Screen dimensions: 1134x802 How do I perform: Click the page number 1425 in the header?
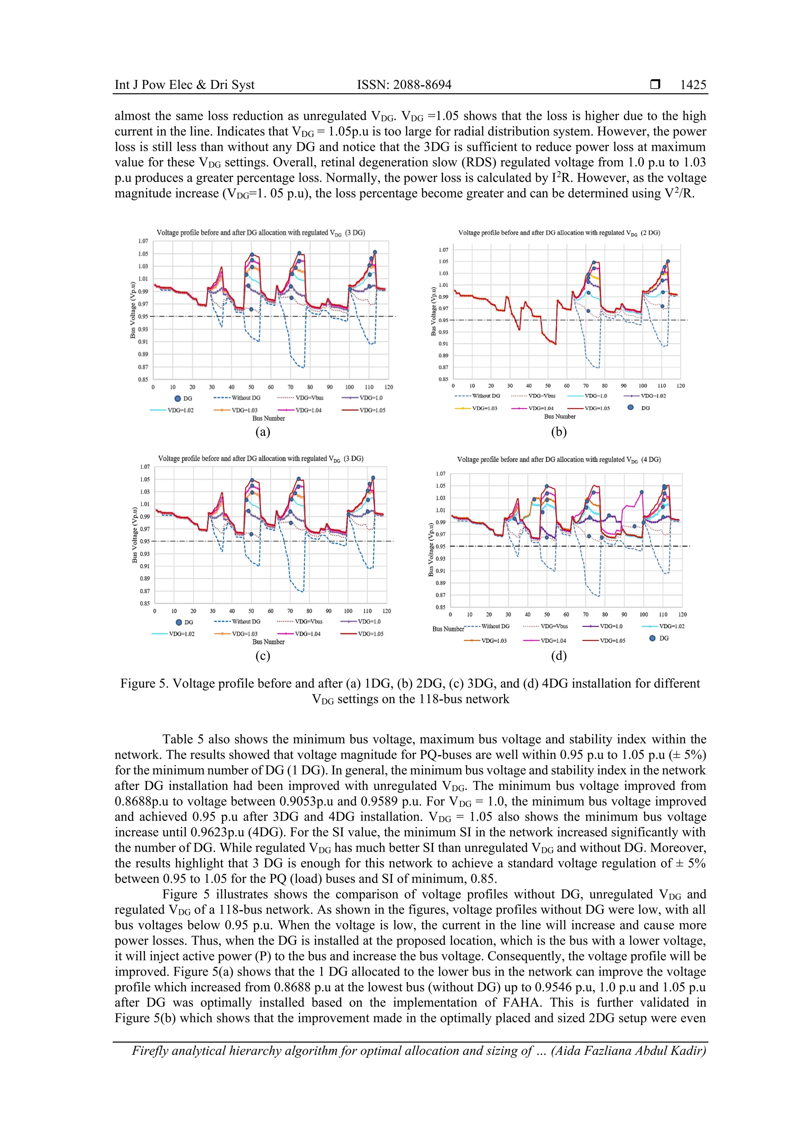pos(693,85)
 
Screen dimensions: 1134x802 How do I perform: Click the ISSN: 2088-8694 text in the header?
pos(404,85)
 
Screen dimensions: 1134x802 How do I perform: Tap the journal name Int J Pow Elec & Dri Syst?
pos(184,85)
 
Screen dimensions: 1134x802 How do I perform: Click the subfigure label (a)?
pos(262,432)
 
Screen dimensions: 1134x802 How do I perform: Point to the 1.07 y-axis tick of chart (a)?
pos(143,241)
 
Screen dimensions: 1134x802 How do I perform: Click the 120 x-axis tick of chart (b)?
pos(681,386)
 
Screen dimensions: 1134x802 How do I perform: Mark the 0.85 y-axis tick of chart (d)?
pos(440,607)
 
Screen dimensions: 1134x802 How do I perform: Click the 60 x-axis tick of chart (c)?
pos(270,611)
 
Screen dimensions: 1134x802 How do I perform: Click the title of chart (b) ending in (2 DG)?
pos(559,233)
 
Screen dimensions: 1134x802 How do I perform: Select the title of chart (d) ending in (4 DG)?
pos(558,459)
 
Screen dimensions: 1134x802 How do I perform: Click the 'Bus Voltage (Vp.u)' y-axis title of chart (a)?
pos(132,310)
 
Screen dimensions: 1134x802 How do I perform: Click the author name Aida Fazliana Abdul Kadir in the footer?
pos(628,1051)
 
